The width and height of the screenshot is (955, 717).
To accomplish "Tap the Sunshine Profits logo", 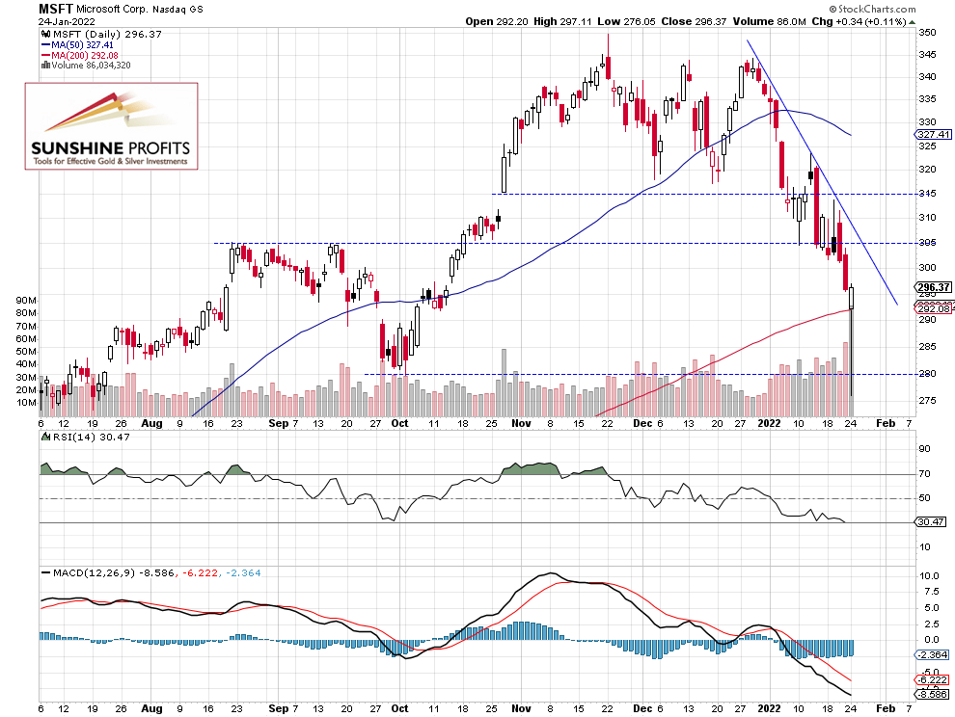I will [x=111, y=126].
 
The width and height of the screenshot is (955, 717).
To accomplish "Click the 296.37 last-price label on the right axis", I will [x=933, y=286].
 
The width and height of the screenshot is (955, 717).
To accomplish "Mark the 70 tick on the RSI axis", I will [x=923, y=473].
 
